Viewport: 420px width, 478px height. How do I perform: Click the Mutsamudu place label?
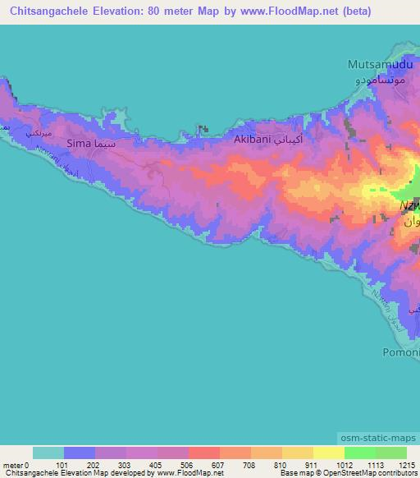(377, 63)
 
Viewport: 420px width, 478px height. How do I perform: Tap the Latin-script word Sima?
(77, 143)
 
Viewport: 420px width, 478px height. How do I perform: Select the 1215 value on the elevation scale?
(407, 464)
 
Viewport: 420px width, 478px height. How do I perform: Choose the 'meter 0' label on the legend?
(16, 464)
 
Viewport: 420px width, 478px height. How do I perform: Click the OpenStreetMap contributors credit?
(368, 474)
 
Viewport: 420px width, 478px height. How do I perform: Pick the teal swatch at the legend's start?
(48, 453)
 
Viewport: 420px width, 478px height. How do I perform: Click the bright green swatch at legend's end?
(391, 453)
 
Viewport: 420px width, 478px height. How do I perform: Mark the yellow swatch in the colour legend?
(329, 453)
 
